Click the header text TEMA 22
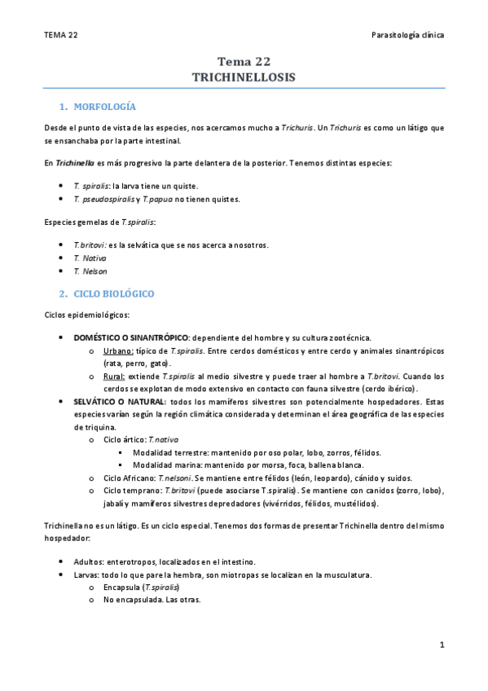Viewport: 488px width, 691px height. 61,35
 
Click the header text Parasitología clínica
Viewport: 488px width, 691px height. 407,35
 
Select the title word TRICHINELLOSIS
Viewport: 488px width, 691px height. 244,76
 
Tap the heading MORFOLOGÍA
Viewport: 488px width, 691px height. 104,107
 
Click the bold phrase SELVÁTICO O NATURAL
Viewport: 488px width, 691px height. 120,402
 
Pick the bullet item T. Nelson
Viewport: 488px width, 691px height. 90,271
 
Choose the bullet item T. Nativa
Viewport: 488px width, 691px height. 90,257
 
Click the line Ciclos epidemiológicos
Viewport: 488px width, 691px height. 87,315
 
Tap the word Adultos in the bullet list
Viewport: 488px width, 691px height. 88,561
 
